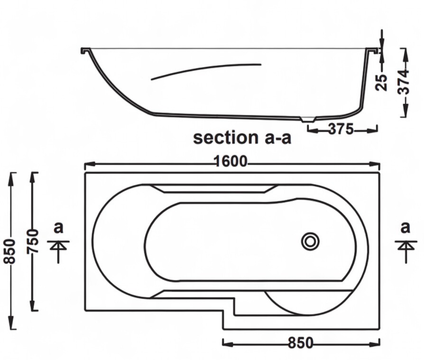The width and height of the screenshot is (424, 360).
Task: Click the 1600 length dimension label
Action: (230, 161)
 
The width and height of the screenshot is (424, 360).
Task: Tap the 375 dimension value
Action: (341, 129)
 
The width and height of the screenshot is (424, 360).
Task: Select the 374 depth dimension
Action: (403, 82)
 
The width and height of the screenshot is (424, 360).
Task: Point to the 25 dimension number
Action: (381, 83)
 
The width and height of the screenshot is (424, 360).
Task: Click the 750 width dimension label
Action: (33, 241)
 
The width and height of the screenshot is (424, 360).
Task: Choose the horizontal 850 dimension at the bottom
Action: (300, 343)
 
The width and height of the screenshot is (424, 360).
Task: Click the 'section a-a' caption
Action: (242, 138)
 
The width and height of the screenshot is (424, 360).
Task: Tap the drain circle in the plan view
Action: (310, 241)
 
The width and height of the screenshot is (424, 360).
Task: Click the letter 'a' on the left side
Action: (58, 228)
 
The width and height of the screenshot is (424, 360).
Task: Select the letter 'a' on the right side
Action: (405, 228)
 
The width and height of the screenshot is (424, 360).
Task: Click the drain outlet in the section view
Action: (308, 119)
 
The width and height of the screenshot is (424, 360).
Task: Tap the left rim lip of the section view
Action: (85, 50)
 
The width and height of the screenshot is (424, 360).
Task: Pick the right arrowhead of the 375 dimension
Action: (372, 130)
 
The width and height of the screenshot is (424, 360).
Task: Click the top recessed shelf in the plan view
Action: (213, 189)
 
